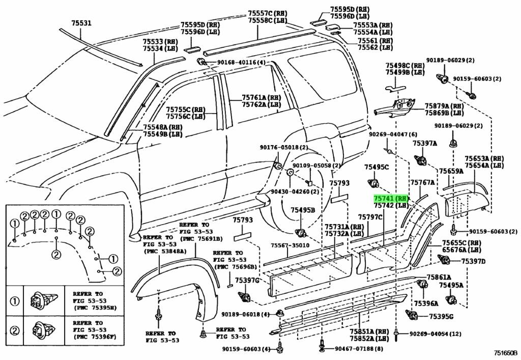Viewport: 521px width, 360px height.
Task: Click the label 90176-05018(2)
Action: pos(283,148)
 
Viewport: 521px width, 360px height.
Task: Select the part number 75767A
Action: pos(423,182)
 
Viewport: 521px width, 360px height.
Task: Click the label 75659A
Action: pos(451,171)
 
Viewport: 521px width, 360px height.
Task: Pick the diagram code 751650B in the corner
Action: pos(504,353)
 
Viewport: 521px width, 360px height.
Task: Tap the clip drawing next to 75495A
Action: pos(451,300)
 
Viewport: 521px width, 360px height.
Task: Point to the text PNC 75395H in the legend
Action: pos(94,308)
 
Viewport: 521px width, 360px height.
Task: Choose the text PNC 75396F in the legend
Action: pos(94,337)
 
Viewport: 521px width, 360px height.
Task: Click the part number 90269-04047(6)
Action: pos(389,134)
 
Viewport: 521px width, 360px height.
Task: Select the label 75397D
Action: pos(473,261)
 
